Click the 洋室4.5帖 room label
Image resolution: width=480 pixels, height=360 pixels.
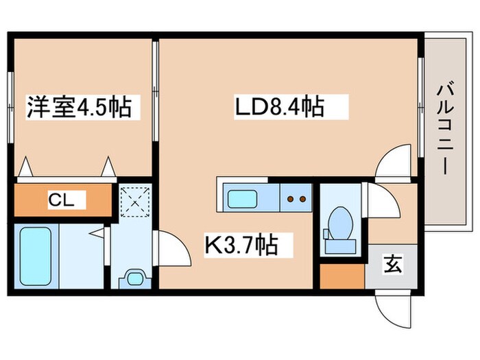coord(79,108)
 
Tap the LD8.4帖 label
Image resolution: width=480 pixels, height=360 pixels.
coord(280,108)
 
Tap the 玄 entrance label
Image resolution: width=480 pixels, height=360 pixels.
coord(392,263)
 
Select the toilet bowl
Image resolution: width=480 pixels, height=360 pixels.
coord(340,222)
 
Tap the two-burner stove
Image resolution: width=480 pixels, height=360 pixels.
coord(296,199)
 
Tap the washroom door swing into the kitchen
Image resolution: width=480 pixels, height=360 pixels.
coord(173,247)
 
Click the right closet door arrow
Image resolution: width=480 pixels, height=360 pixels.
coord(108,167)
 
